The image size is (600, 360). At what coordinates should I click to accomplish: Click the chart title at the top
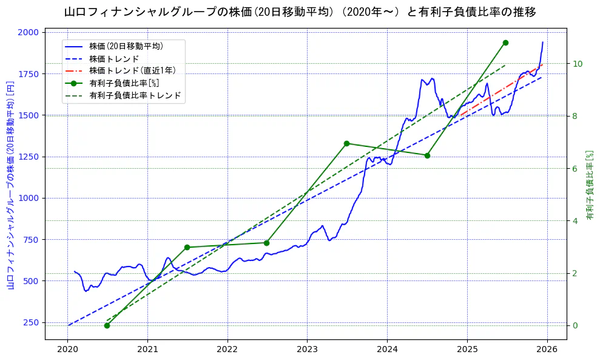pyautogui.click(x=300, y=12)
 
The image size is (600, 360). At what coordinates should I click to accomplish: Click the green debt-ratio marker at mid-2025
pyautogui.click(x=505, y=42)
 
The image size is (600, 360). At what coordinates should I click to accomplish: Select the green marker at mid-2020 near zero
pyautogui.click(x=107, y=325)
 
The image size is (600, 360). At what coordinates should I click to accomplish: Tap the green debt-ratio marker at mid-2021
pyautogui.click(x=187, y=247)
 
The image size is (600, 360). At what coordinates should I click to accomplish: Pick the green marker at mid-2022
pyautogui.click(x=266, y=243)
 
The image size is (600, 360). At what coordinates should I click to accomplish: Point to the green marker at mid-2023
pyautogui.click(x=346, y=143)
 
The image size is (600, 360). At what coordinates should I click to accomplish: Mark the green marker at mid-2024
pyautogui.click(x=426, y=155)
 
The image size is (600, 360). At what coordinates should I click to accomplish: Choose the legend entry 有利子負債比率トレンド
pyautogui.click(x=135, y=95)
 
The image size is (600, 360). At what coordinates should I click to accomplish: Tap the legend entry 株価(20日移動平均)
pyautogui.click(x=126, y=46)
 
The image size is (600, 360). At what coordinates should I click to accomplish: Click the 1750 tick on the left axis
pyautogui.click(x=28, y=73)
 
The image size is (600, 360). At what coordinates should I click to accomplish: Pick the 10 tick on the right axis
pyautogui.click(x=578, y=64)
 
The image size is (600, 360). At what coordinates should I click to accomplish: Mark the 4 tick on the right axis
pyautogui.click(x=575, y=220)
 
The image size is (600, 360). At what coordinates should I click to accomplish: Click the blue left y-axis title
pyautogui.click(x=10, y=185)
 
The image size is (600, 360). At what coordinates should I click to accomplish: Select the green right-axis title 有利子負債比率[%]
pyautogui.click(x=589, y=185)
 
